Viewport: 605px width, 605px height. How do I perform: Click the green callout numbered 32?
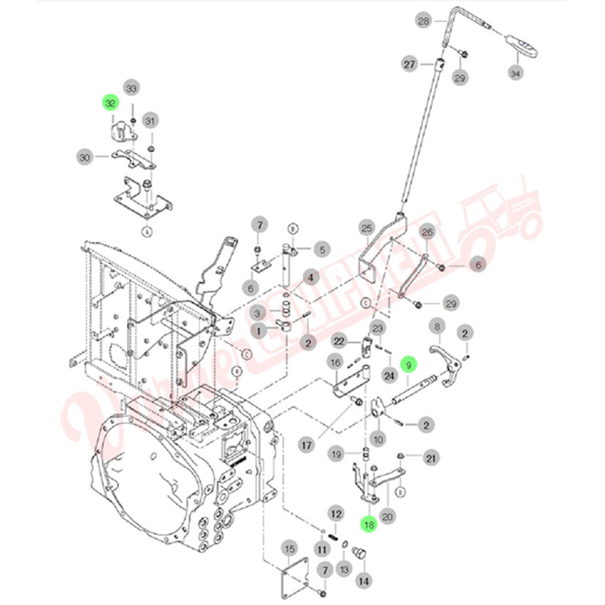pos(110,103)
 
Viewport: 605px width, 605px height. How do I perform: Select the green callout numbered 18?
pos(368,524)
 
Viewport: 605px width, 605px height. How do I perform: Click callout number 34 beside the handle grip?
pos(516,73)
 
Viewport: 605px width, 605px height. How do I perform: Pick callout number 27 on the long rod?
pos(408,65)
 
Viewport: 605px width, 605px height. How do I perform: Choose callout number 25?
pos(367,227)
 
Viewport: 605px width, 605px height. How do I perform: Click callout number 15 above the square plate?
pos(289,549)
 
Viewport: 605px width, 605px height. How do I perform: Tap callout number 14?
pos(362,580)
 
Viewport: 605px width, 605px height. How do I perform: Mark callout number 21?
pos(432,458)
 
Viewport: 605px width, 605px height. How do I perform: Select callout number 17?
pos(307,444)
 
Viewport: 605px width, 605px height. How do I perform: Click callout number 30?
pos(84,156)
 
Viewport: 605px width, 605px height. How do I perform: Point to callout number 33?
pos(131,89)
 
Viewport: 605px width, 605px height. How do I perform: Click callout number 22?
pos(339,341)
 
